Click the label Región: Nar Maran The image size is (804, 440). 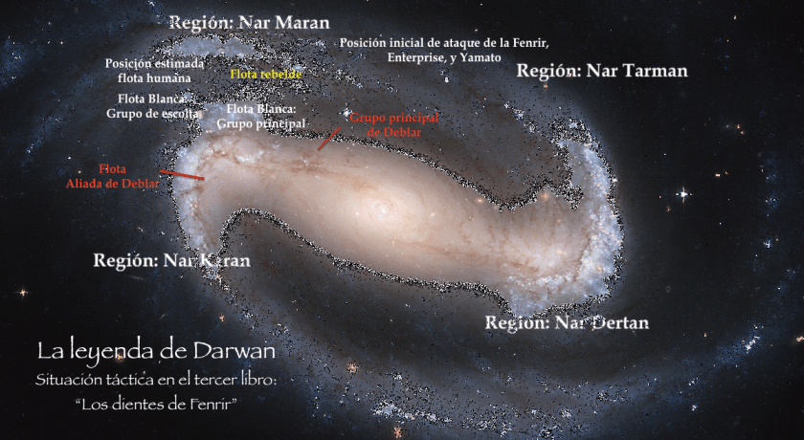248,22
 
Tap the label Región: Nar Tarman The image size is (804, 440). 602,71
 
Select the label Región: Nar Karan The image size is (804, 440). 171,260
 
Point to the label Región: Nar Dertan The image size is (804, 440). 567,322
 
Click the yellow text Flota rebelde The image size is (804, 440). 266,74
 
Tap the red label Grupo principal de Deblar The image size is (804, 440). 393,124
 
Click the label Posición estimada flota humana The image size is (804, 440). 155,70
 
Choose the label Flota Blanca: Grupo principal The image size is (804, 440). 261,116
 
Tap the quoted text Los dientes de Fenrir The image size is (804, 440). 155,404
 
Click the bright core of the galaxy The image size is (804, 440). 383,208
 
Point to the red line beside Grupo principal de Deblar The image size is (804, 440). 327,140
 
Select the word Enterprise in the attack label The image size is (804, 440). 417,58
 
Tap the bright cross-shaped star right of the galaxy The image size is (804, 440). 682,193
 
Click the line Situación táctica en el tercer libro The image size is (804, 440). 155,382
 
